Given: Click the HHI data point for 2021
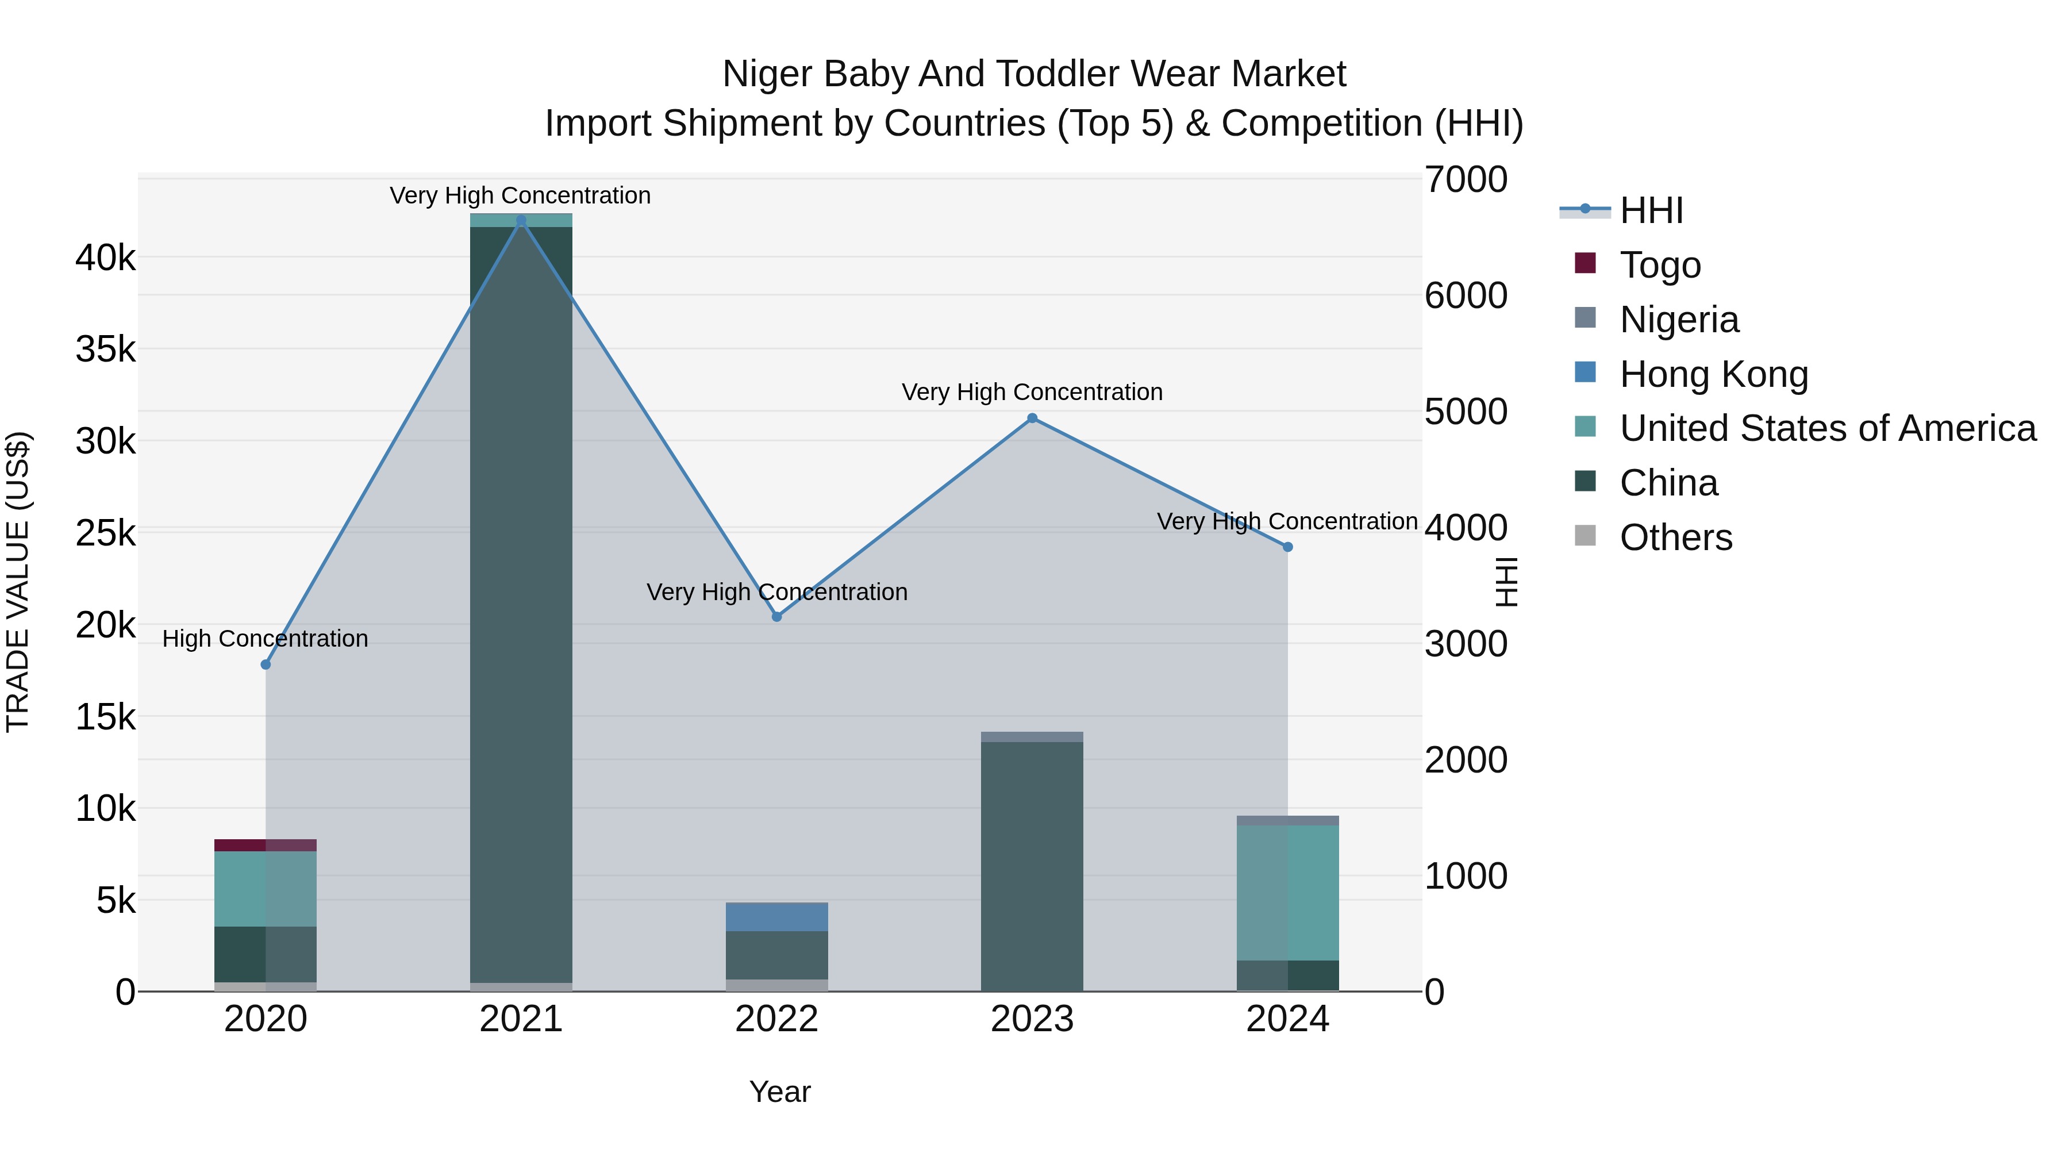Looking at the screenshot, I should (x=521, y=220).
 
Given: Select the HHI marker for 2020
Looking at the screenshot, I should (x=266, y=664).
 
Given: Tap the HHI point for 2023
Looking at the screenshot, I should (x=1032, y=418).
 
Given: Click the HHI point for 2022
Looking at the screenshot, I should (x=776, y=616).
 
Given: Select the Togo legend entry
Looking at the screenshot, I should (x=1659, y=265).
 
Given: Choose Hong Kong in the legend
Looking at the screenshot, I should (x=1713, y=374).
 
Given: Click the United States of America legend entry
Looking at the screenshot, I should (x=1827, y=428).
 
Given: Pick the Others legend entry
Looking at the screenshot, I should (x=1675, y=537).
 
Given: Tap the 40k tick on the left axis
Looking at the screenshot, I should (x=105, y=259).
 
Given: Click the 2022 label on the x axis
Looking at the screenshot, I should (x=776, y=1019).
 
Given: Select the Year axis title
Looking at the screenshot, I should (x=780, y=1092).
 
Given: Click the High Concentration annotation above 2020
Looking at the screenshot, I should (x=265, y=639).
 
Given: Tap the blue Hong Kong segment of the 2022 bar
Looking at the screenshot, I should (x=776, y=917).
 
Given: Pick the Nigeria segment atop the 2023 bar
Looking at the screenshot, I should (x=1032, y=737).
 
